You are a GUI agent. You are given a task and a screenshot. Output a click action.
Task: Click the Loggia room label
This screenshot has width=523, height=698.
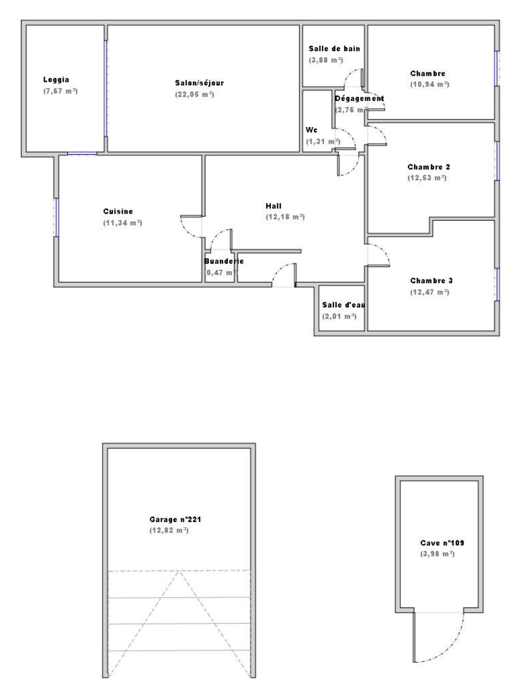(x=56, y=80)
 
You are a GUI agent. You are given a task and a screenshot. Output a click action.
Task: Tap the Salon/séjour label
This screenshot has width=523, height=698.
(x=199, y=83)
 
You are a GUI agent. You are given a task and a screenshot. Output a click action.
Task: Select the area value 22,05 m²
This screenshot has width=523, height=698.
(x=194, y=94)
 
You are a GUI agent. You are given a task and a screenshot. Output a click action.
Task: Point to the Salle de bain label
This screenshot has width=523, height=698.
(x=334, y=48)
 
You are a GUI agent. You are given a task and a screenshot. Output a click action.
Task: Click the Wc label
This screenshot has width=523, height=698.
(x=311, y=130)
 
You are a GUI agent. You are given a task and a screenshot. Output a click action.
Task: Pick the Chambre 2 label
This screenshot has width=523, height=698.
(x=429, y=167)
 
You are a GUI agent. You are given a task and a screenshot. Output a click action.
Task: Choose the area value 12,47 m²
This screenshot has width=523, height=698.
(x=429, y=292)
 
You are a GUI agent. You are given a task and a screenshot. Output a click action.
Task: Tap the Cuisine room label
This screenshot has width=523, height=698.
(x=118, y=211)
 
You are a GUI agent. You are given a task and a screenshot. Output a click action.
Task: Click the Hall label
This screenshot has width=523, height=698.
(x=273, y=206)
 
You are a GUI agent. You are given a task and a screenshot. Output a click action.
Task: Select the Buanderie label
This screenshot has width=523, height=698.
(x=224, y=261)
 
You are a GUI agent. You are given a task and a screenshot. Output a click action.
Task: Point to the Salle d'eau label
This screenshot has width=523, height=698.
(x=344, y=305)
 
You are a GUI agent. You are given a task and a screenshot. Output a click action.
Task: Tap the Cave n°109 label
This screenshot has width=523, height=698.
(x=442, y=543)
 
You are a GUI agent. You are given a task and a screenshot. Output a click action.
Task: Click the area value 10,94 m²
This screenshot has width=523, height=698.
(x=429, y=84)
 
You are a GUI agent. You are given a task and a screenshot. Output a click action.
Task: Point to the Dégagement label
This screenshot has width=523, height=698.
(x=359, y=98)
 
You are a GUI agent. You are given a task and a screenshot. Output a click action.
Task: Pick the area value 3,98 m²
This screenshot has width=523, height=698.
(x=437, y=554)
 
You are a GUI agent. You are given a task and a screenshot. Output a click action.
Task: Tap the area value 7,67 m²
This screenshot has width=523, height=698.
(x=60, y=91)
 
